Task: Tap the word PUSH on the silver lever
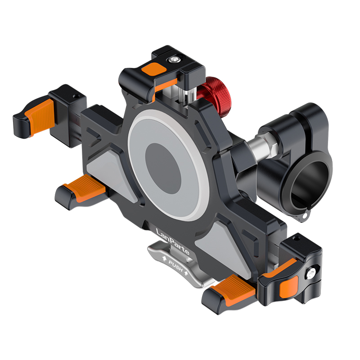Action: coord(175,266)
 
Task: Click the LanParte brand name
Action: coord(172,241)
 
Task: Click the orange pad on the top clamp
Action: coord(154,68)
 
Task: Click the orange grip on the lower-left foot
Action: coord(85,188)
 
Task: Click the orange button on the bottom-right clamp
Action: coord(289,287)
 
